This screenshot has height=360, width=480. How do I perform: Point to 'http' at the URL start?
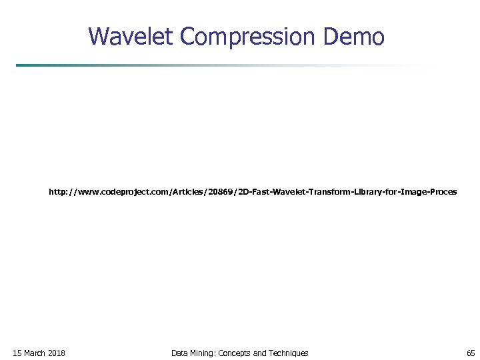point(57,192)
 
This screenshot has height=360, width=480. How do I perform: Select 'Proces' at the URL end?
point(443,192)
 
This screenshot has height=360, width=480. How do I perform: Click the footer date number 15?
point(17,353)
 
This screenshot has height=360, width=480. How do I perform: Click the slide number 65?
point(471,353)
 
